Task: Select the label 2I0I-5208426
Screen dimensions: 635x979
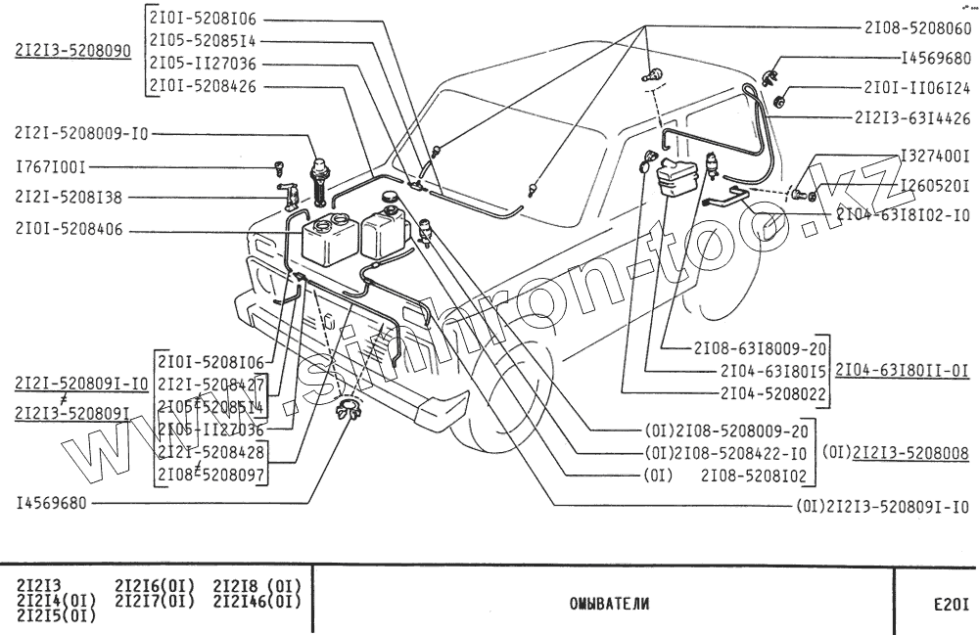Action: coord(203,85)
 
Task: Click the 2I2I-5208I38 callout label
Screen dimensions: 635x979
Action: coord(69,197)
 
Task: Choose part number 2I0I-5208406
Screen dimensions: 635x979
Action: coord(70,231)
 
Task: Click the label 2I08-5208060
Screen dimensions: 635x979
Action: coord(917,28)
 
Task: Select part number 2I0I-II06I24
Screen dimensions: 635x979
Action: coord(917,87)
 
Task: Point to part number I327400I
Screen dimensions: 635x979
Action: coord(935,156)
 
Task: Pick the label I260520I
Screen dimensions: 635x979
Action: coord(935,183)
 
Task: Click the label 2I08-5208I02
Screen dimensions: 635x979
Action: coord(754,476)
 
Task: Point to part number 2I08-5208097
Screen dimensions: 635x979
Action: coord(212,475)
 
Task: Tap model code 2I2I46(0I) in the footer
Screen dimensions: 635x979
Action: coord(256,601)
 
